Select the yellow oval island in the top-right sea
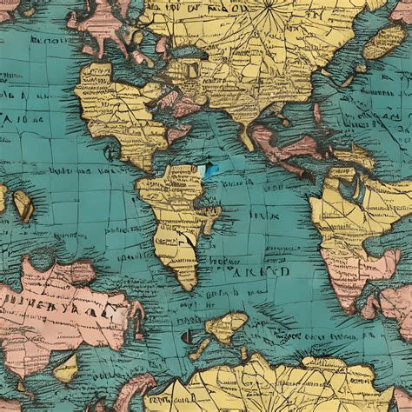tap(384, 41)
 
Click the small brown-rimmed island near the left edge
tap(23, 205)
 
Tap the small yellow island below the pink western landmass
tap(66, 369)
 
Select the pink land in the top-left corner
tap(10, 9)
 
